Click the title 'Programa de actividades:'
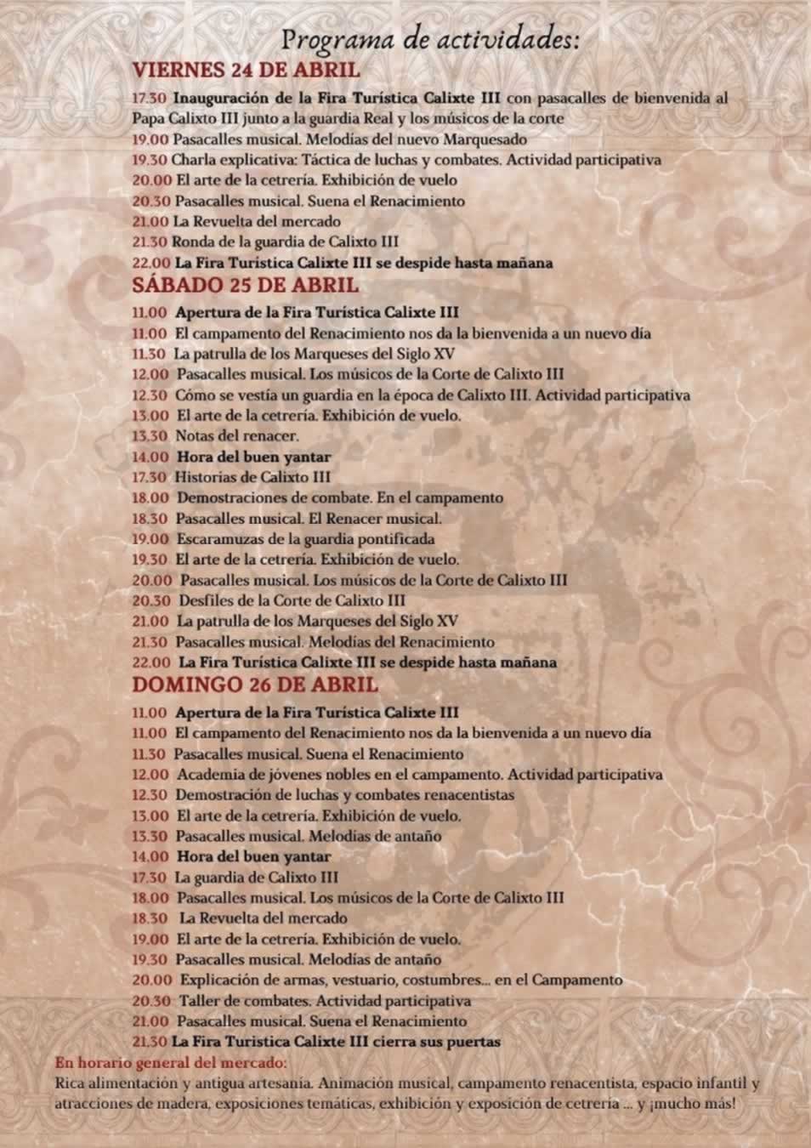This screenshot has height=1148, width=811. (x=430, y=39)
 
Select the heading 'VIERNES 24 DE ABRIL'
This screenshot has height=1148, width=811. (x=246, y=70)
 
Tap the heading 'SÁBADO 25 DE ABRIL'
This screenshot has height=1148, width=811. (x=245, y=285)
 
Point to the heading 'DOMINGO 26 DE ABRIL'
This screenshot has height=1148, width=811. (x=255, y=685)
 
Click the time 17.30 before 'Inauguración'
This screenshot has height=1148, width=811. (x=149, y=98)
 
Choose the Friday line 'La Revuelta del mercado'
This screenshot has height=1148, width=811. (x=257, y=221)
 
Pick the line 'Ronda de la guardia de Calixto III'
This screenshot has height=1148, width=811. (x=285, y=242)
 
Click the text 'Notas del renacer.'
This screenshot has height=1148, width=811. (x=237, y=436)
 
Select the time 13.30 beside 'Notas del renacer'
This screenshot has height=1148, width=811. (x=150, y=436)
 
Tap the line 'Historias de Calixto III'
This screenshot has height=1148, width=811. (x=252, y=477)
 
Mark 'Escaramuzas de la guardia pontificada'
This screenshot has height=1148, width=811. (x=305, y=539)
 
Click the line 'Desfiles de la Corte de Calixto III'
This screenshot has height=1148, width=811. (x=292, y=600)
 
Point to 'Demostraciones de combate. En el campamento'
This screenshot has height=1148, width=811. (x=339, y=498)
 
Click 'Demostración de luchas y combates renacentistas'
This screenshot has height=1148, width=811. (x=344, y=795)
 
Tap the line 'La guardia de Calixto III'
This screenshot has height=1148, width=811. (x=256, y=878)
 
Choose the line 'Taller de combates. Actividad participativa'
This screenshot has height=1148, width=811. (x=324, y=1001)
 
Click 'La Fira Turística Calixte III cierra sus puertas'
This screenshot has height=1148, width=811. (x=336, y=1042)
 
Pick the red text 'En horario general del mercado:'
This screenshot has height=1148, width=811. (x=171, y=1063)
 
